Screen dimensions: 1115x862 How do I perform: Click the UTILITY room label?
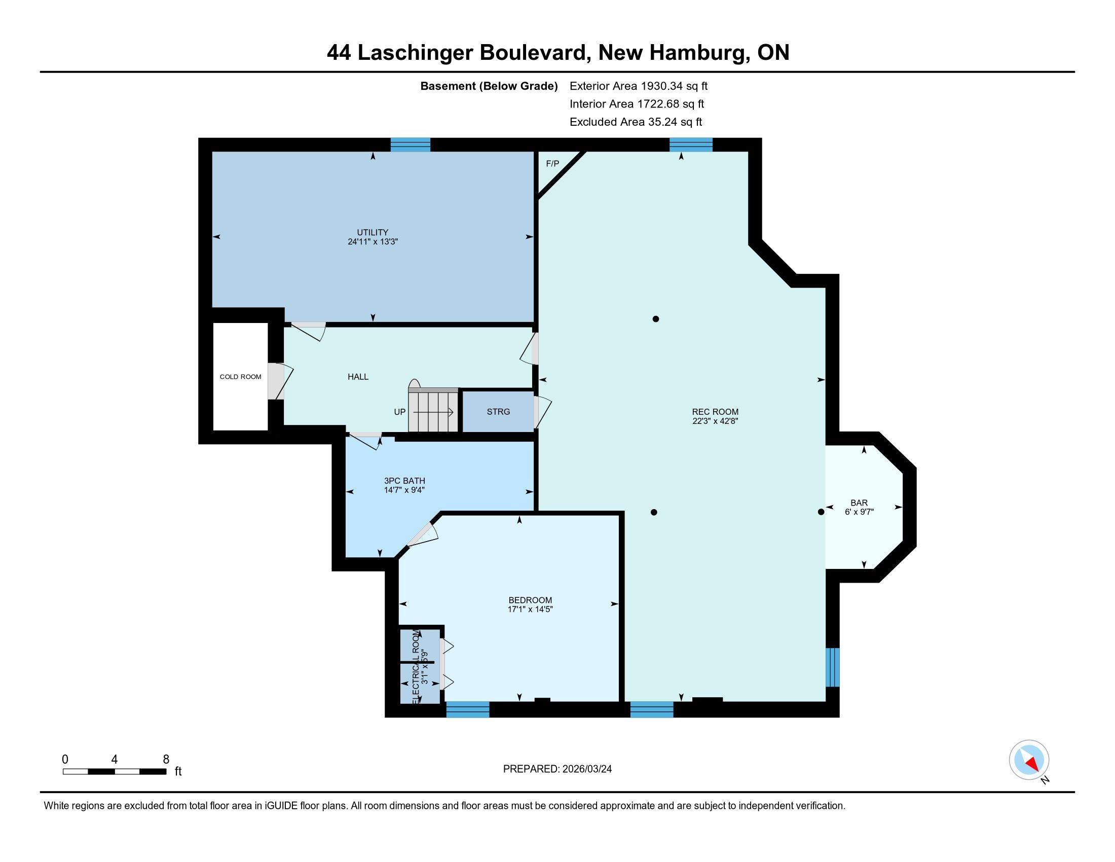click(x=373, y=232)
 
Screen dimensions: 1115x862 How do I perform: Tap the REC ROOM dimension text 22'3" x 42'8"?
click(x=715, y=421)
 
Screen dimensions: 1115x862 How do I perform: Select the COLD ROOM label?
click(x=240, y=377)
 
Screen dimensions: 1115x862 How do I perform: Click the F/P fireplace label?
click(x=552, y=164)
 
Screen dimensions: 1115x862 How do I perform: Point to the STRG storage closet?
click(x=498, y=412)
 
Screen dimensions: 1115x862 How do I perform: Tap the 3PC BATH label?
click(x=404, y=481)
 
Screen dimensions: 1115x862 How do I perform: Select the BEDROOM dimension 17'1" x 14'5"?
click(x=531, y=609)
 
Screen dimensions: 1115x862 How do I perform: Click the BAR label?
click(x=859, y=503)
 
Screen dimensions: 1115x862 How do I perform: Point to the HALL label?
click(x=358, y=377)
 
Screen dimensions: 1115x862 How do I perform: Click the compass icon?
click(x=1029, y=760)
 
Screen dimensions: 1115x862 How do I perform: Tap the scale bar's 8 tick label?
click(x=165, y=760)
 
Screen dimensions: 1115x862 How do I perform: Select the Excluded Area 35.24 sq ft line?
click(x=636, y=122)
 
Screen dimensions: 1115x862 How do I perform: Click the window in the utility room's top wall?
click(x=411, y=145)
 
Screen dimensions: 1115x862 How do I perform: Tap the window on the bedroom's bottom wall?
click(x=468, y=709)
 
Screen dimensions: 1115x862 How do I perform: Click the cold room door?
click(x=280, y=381)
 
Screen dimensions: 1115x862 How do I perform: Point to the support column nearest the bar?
click(x=821, y=512)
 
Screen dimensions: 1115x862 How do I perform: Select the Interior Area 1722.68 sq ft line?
click(x=637, y=104)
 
